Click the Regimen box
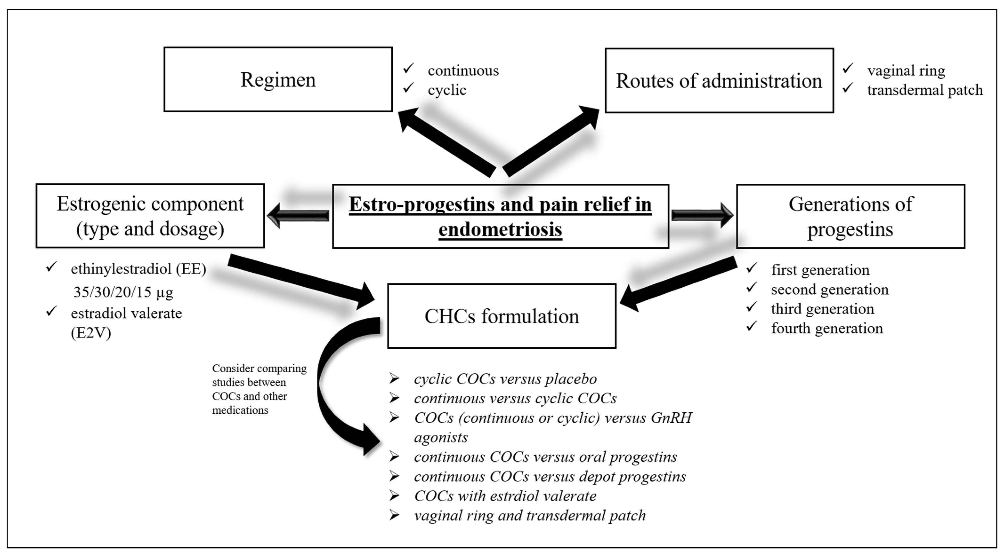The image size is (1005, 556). coord(278,79)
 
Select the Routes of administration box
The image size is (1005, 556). coord(719,81)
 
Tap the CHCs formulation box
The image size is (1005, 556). coord(501,316)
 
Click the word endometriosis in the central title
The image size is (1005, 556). coord(500,229)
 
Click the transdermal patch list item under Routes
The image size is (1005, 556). coord(925,90)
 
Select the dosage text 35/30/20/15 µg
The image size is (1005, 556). coord(123,292)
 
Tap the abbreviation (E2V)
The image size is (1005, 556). coord(91,333)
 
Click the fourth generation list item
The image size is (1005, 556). coord(827,328)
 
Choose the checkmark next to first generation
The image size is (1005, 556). coord(751,268)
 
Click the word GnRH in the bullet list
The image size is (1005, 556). coord(671,417)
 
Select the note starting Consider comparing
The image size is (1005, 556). coord(259,389)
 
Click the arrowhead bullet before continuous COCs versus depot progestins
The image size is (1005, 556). coord(394,476)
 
